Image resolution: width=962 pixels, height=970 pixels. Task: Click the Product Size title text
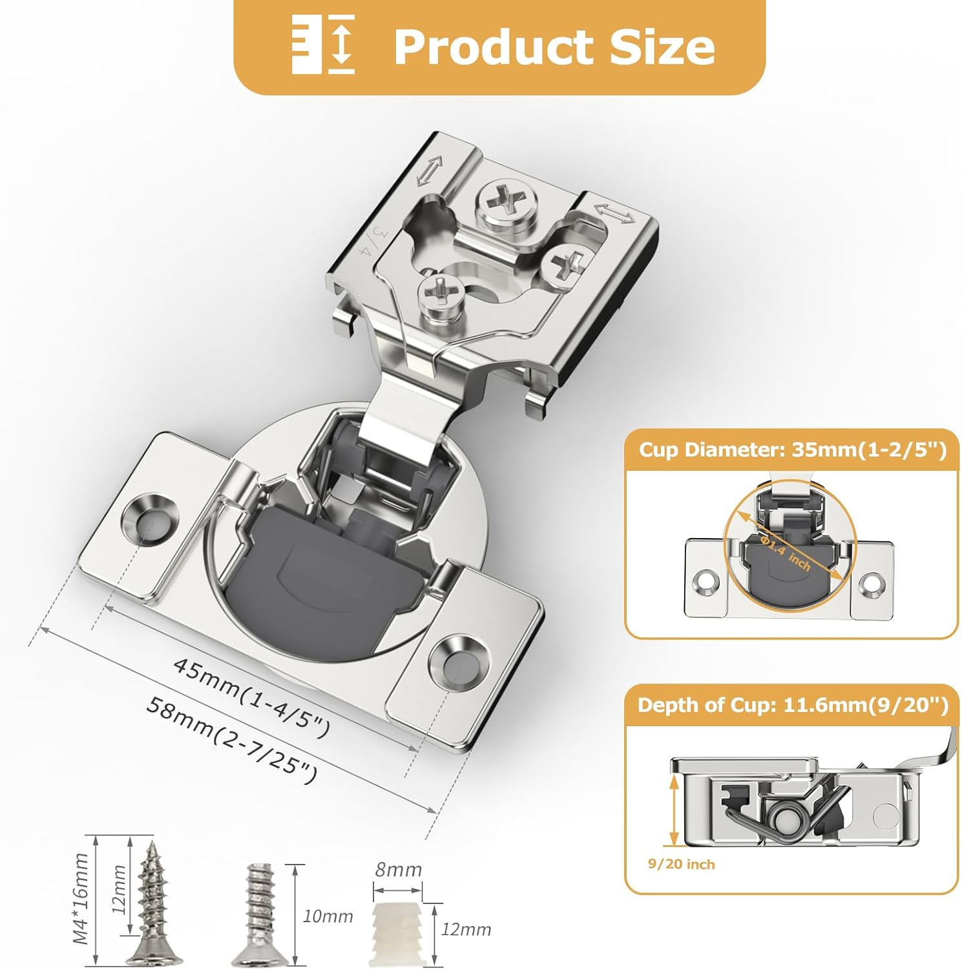click(554, 47)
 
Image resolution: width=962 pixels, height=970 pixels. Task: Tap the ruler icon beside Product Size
click(323, 44)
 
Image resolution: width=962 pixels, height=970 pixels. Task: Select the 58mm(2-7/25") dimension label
click(231, 739)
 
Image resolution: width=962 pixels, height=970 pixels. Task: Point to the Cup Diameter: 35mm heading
click(792, 449)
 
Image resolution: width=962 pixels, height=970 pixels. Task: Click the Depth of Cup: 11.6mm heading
click(792, 705)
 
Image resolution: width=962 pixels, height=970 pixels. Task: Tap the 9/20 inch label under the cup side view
click(681, 865)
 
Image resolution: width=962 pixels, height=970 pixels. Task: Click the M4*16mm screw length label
click(81, 898)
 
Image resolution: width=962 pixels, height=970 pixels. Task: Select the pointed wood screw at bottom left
click(150, 902)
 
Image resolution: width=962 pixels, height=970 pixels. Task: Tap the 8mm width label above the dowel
click(398, 870)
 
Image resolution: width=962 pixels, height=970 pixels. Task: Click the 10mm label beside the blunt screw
click(328, 916)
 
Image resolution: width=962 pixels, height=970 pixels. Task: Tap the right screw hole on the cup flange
click(455, 660)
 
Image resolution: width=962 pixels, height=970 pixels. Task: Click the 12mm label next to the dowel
click(466, 929)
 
